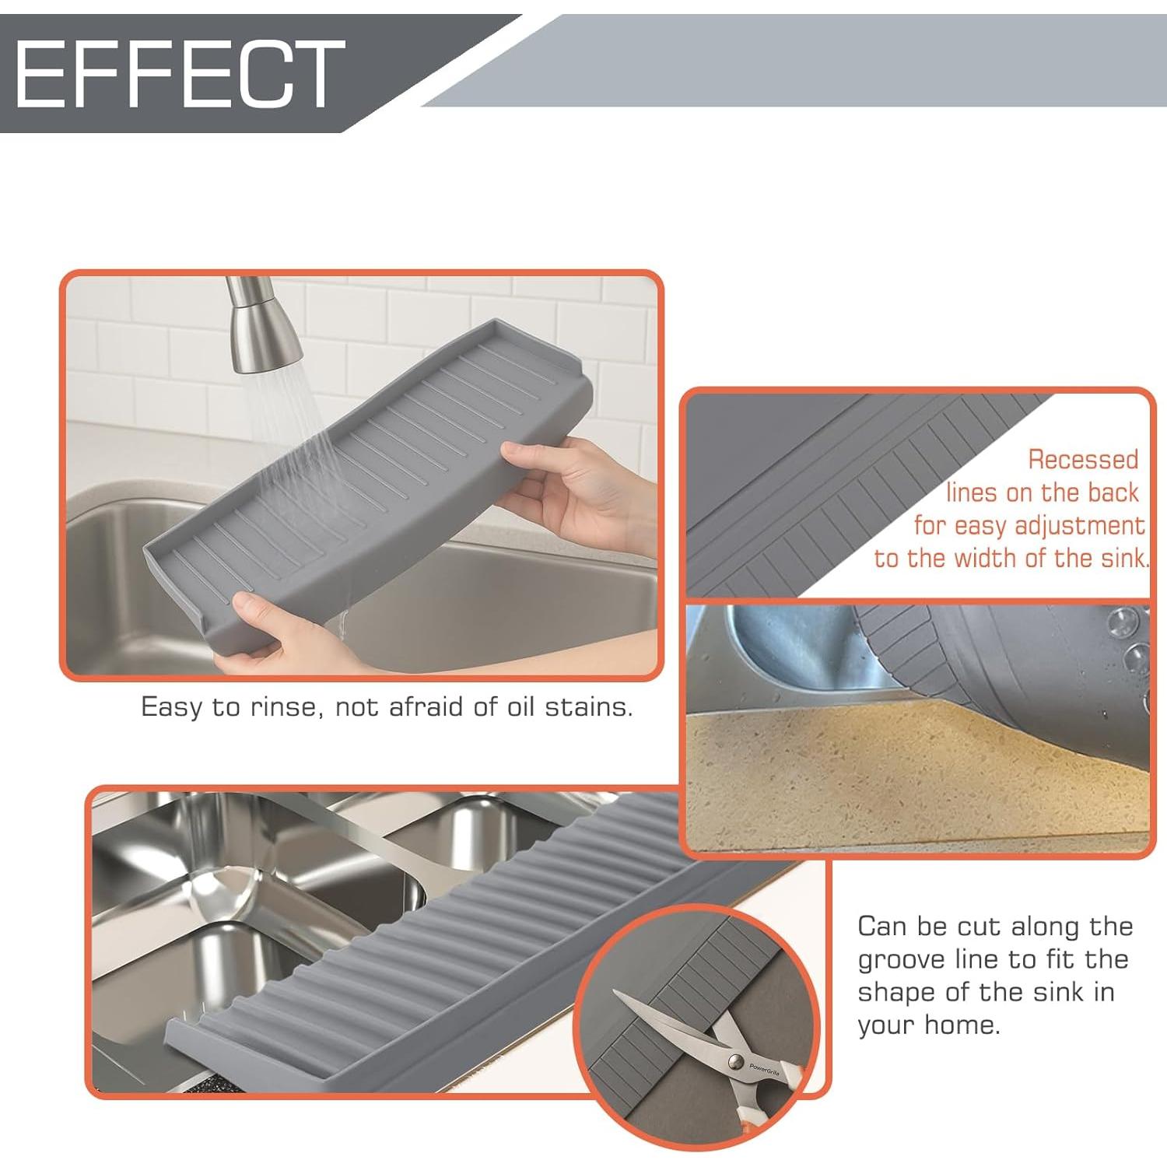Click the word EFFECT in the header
tap(179, 75)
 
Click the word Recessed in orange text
tap(1083, 460)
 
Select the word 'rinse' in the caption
tap(285, 707)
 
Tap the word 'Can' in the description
tap(881, 927)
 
